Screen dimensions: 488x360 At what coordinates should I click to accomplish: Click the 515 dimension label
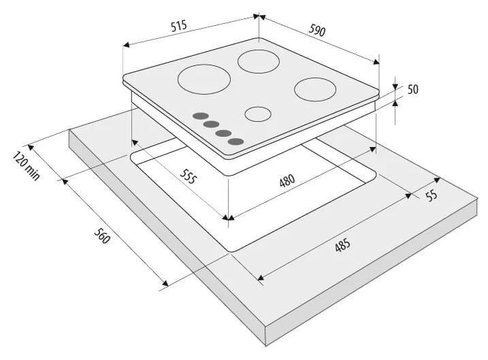(179, 26)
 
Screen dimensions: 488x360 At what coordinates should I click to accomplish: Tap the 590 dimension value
(317, 30)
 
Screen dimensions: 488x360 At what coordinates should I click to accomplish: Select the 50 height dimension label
(412, 89)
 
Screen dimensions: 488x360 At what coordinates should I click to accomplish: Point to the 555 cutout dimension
(189, 176)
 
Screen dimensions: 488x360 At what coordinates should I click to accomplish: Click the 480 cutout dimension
(287, 181)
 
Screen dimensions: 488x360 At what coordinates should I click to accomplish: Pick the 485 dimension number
(342, 245)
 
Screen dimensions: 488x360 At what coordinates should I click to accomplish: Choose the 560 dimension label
(102, 235)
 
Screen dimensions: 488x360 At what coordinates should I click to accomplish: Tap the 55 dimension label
(432, 195)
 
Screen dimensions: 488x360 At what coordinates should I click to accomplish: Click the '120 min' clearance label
(27, 165)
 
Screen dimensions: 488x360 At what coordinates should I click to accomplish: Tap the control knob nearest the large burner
(200, 116)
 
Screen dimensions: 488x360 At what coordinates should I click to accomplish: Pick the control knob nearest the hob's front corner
(235, 142)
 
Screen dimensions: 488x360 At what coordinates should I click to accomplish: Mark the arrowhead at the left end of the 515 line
(126, 45)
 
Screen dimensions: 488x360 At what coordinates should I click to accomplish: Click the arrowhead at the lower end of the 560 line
(165, 283)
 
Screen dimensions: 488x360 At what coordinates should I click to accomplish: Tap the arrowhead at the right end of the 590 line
(376, 62)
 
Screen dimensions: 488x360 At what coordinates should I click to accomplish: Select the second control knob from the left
(212, 125)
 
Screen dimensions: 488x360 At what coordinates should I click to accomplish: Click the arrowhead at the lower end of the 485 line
(261, 277)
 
